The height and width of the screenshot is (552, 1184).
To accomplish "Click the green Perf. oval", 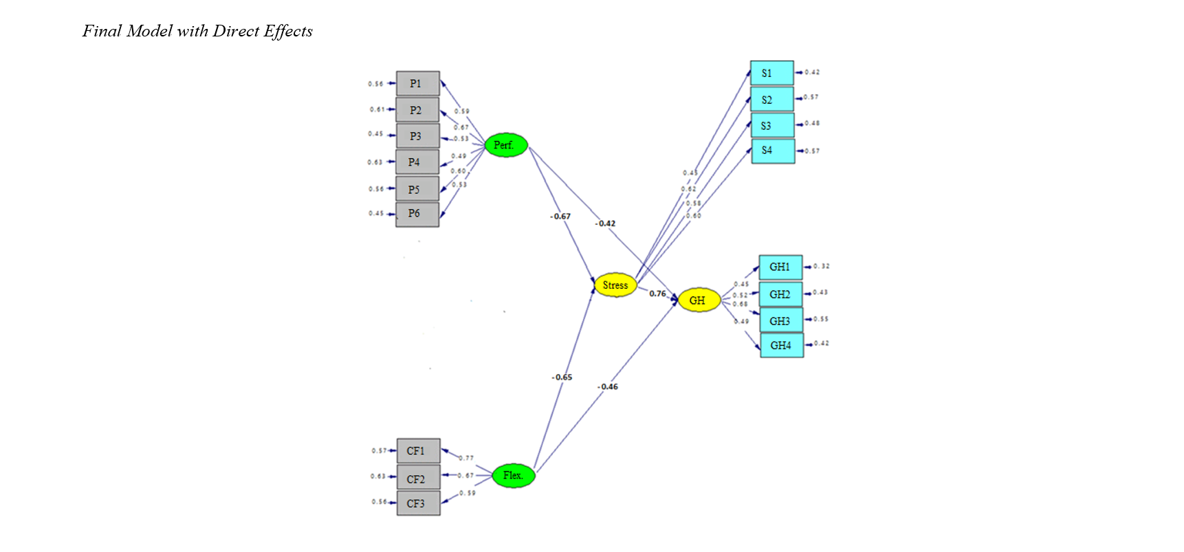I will tap(506, 145).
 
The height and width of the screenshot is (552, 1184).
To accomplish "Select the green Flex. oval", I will tap(514, 475).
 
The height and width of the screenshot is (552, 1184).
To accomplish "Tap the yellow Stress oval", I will tap(615, 285).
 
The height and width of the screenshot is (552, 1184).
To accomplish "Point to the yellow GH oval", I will tap(699, 300).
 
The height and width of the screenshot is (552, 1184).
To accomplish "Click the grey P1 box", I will tap(417, 84).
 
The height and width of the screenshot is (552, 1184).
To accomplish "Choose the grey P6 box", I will tap(417, 214).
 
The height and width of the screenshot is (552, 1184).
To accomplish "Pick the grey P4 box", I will tap(417, 162).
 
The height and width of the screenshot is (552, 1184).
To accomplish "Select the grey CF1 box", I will tap(418, 451).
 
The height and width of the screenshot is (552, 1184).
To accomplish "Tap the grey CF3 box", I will tap(418, 503).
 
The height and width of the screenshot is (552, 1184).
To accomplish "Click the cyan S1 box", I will tap(771, 73).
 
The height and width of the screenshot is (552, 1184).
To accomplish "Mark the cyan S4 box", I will tap(773, 151).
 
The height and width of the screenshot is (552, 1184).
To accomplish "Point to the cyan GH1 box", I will tap(780, 267).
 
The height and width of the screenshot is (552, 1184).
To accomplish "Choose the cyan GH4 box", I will tap(782, 345).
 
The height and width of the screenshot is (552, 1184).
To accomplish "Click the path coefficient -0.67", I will tap(560, 217).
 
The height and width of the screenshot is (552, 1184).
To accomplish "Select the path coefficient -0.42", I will tap(606, 223).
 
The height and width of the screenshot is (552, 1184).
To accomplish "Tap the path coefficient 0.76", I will tap(657, 294).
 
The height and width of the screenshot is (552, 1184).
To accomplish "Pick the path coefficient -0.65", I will tap(562, 377).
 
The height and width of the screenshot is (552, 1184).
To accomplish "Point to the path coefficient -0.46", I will tap(608, 387).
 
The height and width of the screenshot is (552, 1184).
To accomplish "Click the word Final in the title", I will tap(102, 31).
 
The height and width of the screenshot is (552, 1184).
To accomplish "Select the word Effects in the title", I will tap(288, 31).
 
